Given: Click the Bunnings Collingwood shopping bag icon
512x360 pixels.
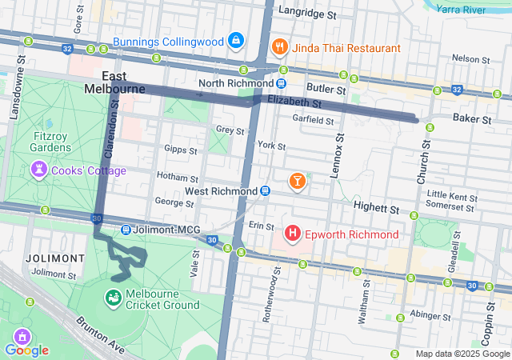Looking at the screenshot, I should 236,41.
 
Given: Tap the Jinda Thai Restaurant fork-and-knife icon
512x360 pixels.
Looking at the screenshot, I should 279,47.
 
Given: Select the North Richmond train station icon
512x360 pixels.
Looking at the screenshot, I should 282,83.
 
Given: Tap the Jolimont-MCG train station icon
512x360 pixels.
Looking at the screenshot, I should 126,230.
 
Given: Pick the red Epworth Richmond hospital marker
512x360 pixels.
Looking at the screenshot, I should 293,234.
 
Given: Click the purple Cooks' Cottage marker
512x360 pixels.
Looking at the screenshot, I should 38,170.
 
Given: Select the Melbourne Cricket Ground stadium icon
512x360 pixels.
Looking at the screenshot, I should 113,298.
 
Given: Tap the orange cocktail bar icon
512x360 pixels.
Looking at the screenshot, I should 298,182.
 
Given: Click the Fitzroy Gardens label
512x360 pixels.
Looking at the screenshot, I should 52,141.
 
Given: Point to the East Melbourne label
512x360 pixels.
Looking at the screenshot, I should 113,82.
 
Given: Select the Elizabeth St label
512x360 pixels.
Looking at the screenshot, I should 294,102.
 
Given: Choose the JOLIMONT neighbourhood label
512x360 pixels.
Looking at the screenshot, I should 54,258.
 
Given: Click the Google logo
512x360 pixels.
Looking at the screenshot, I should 26,350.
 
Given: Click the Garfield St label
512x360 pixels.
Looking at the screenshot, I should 313,120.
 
